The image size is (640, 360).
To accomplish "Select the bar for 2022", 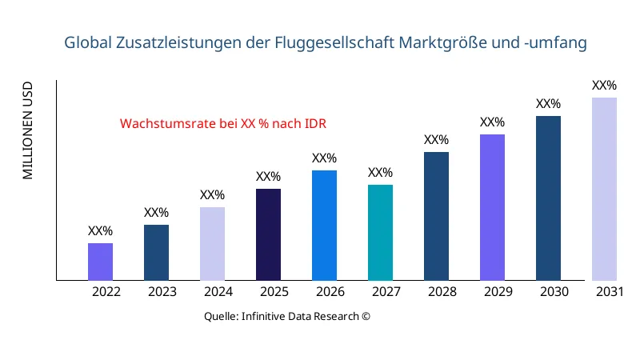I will point(100,262).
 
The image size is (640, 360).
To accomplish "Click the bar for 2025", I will point(268,234).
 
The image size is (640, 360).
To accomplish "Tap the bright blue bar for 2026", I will point(324,225).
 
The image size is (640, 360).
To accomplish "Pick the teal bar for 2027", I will point(380,232).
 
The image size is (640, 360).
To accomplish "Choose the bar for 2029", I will point(492,207).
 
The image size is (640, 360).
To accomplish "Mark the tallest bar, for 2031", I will point(604,189).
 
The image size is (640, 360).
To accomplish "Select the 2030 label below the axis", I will point(554,292).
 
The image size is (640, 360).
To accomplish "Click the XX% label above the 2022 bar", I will point(100,231).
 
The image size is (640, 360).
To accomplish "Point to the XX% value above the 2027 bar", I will point(380,173).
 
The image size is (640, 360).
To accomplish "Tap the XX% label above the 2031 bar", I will point(604,86).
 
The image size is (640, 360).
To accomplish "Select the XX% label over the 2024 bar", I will point(212,195).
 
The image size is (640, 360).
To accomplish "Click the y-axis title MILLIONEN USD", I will point(28,130).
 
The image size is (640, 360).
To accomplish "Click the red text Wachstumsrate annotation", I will point(223,124).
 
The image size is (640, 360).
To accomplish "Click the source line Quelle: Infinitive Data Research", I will point(287,316).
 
